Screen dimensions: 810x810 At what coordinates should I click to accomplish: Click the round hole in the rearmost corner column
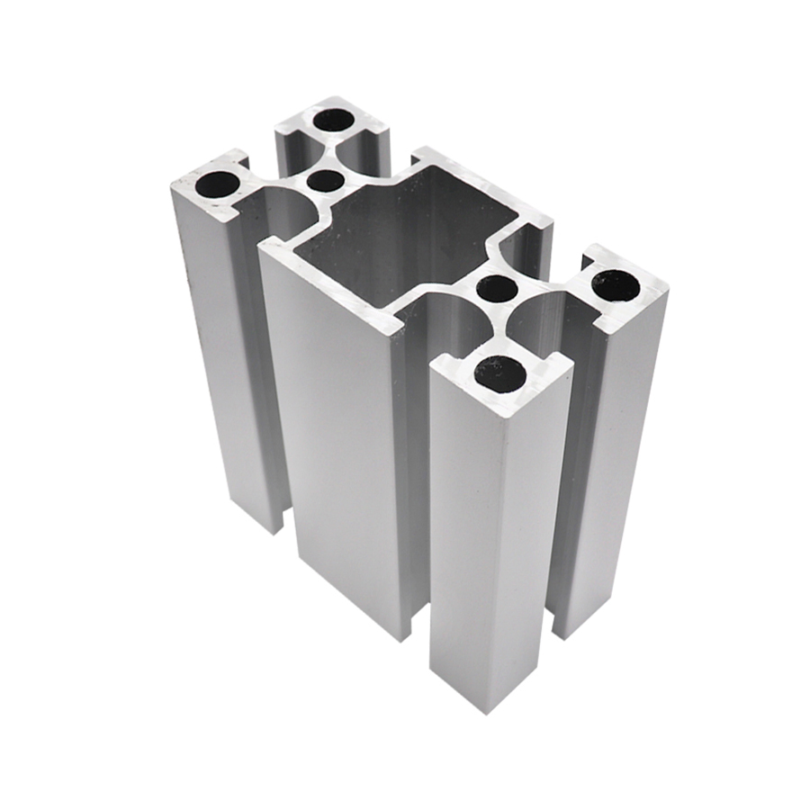(x=334, y=120)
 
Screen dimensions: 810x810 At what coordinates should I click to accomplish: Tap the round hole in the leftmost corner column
(x=218, y=185)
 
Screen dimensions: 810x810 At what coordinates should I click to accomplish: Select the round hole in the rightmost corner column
(x=616, y=286)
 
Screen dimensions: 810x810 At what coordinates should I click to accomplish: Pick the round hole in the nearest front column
(x=499, y=372)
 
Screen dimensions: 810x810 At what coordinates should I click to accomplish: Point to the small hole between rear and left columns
(x=325, y=181)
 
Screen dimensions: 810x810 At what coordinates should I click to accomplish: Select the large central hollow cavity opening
(x=405, y=234)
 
